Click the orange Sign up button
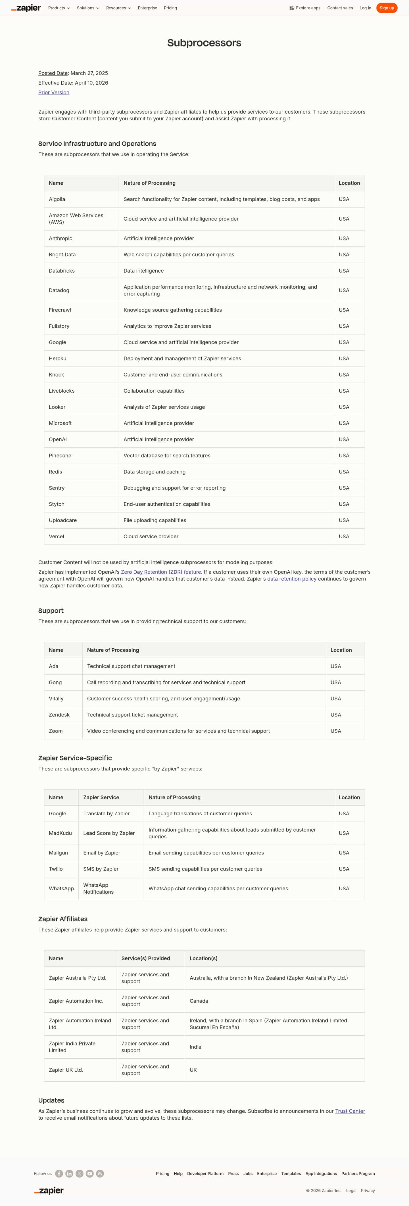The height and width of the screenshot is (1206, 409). [387, 8]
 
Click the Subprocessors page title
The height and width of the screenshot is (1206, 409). [204, 43]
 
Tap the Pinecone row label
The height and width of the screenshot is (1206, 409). [60, 456]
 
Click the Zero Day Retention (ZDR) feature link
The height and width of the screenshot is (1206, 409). [161, 572]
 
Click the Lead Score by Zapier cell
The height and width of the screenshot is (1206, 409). [109, 833]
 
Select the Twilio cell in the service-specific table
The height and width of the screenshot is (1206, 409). [56, 869]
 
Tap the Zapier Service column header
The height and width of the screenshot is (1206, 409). [101, 797]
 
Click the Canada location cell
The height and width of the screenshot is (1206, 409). [199, 1001]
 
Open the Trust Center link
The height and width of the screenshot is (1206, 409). [350, 1111]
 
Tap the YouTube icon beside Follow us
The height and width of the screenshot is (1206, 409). [89, 1174]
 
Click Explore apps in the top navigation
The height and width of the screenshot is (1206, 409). [305, 8]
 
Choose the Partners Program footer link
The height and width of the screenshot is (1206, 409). [358, 1174]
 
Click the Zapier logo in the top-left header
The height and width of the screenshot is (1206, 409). [26, 8]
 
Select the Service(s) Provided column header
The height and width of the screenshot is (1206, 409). [146, 958]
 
